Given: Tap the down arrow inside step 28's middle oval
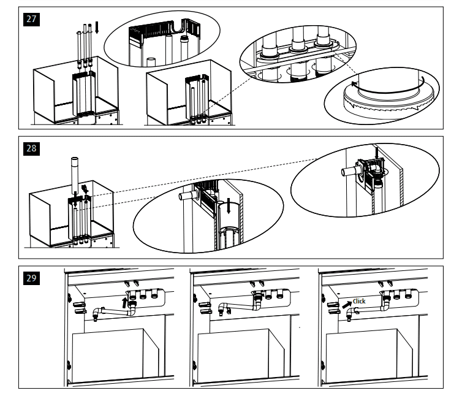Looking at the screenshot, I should point(228,207).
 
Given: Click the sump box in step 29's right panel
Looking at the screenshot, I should point(361,356).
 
